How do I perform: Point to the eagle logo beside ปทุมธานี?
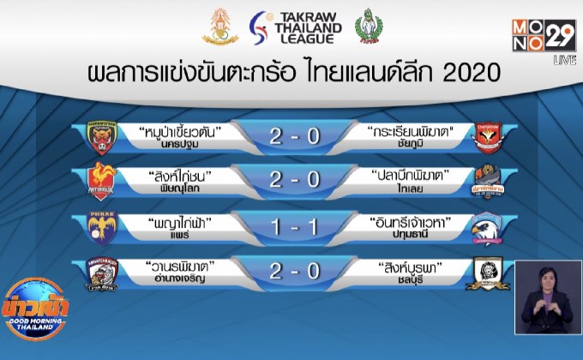coord(490,227)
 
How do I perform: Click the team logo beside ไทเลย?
coord(490,182)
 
